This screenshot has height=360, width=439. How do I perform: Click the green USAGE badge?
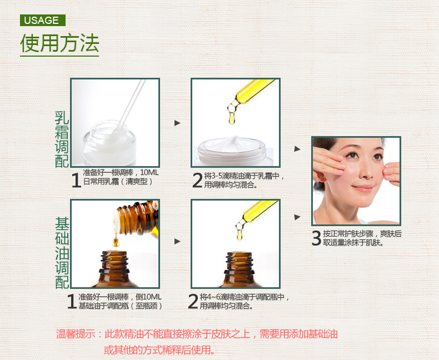point(43,20)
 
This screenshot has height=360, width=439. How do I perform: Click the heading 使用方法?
point(59,43)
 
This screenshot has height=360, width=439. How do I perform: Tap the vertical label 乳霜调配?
point(62,139)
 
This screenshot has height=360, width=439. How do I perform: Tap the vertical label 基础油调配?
point(62,253)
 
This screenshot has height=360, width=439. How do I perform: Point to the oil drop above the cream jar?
point(232,118)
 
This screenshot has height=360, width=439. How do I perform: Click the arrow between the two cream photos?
point(177,123)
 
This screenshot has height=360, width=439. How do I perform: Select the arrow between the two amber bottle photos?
point(177,241)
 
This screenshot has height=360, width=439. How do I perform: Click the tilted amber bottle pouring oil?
point(136,218)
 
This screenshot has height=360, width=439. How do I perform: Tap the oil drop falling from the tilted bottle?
point(116,241)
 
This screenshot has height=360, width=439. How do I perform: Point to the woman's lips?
point(363,188)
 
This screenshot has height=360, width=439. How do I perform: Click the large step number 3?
point(316,238)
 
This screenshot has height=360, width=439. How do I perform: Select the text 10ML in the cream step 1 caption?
point(149,172)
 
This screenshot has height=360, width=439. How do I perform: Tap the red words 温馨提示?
point(76,334)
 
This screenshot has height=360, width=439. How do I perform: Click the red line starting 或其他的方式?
point(159,349)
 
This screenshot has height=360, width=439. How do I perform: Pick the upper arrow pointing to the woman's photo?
point(297,149)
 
